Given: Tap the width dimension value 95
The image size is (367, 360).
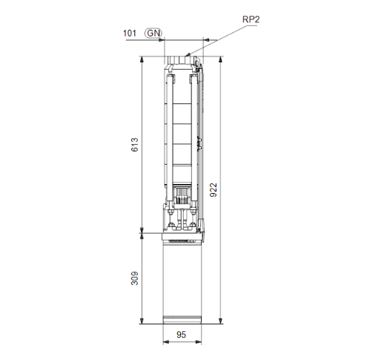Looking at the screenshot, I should tap(182, 336).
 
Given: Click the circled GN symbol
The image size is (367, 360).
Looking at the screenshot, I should tap(153, 33).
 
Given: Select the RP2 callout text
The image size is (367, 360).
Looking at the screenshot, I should tap(251, 21).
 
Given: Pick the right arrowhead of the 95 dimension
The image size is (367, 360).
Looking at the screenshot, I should tap(199, 344).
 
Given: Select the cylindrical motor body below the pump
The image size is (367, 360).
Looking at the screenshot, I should tap(182, 278).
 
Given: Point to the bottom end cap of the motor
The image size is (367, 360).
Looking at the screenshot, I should tap(182, 321).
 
